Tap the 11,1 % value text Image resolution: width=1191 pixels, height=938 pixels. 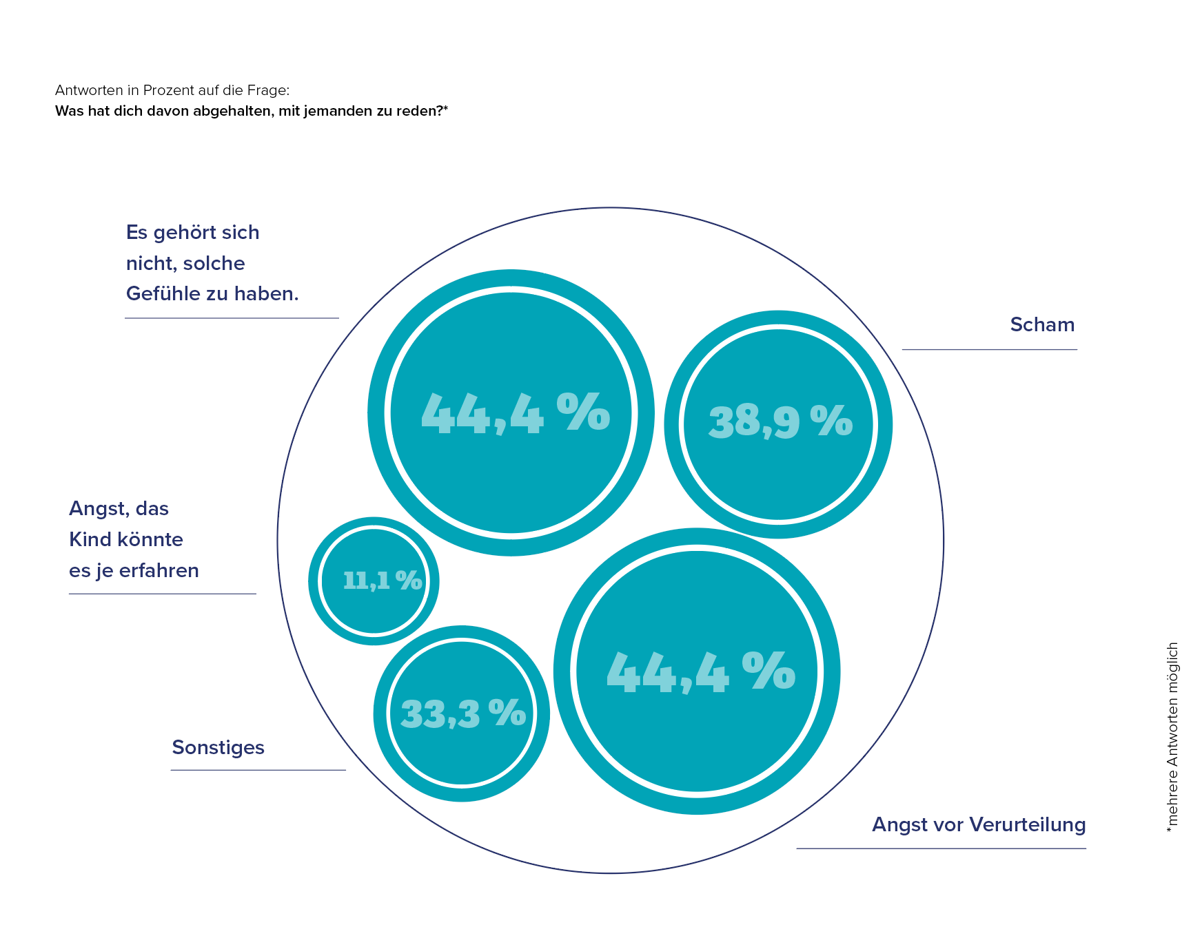click(x=382, y=581)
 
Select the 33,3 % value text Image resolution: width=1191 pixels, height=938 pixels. click(x=463, y=713)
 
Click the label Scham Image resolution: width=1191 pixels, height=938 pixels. click(x=1041, y=324)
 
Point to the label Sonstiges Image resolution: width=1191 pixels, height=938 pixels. click(x=218, y=747)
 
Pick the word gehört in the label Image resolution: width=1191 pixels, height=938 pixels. click(x=182, y=233)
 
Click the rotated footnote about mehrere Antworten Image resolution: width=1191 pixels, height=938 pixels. click(x=1172, y=737)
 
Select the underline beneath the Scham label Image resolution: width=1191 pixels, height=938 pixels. click(x=989, y=350)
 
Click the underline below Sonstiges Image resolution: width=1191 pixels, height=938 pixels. click(x=258, y=770)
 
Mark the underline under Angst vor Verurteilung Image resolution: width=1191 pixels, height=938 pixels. click(x=941, y=848)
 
